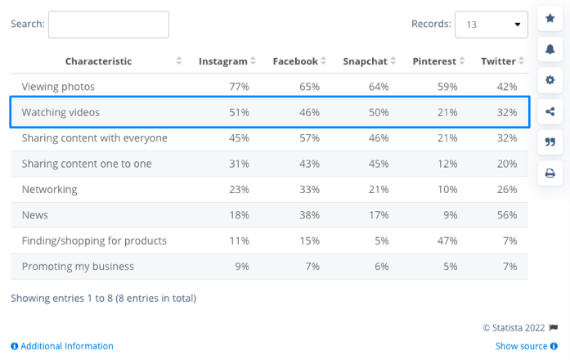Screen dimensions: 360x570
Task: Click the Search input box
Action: tap(109, 25)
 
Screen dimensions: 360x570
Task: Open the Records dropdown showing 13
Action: tap(491, 25)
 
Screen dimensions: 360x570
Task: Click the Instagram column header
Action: tap(223, 61)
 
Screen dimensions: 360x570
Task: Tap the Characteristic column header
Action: tap(99, 61)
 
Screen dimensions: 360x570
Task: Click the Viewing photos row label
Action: tap(58, 87)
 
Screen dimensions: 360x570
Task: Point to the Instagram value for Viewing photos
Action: tap(240, 87)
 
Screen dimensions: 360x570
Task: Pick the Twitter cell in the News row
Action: tap(507, 215)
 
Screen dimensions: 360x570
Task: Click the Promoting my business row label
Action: tap(78, 266)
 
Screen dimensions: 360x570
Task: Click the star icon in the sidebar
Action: tap(550, 18)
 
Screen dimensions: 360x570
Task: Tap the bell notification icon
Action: tap(550, 49)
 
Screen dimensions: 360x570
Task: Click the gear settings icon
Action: tap(550, 80)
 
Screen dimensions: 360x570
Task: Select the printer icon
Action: tap(550, 173)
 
